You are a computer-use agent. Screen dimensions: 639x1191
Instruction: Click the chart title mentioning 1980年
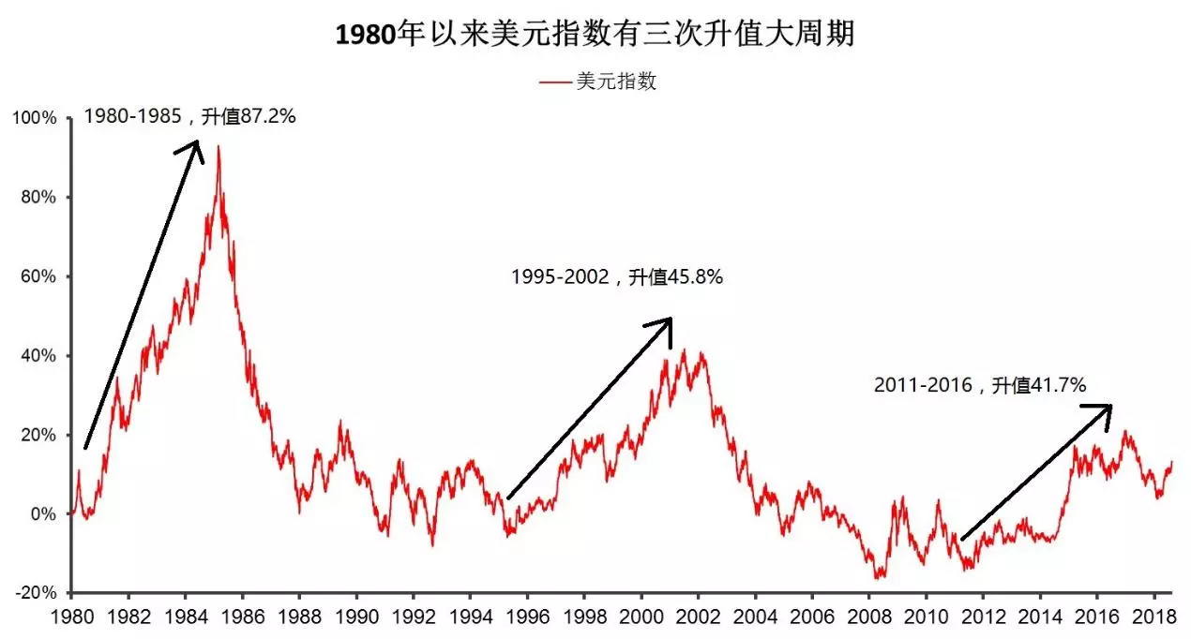point(595,36)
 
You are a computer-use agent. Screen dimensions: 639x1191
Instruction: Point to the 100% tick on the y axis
point(37,119)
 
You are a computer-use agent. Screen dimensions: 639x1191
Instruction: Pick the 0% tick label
point(43,514)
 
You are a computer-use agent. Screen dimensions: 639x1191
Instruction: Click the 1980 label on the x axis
point(72,619)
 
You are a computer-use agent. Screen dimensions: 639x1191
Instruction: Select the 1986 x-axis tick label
point(242,619)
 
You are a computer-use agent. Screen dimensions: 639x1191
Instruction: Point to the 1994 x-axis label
point(470,619)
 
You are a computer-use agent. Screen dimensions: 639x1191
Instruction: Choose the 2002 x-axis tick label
point(698,619)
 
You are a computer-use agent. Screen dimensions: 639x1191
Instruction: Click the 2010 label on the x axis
point(925,619)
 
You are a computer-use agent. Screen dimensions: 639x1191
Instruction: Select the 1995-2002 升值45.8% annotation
point(616,277)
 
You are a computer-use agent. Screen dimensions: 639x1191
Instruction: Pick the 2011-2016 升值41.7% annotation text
point(979,385)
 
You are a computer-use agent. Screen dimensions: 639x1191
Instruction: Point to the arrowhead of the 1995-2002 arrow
point(667,323)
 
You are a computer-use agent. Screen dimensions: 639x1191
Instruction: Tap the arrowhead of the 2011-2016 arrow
point(1106,409)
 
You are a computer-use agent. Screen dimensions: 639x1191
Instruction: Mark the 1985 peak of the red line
point(219,147)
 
